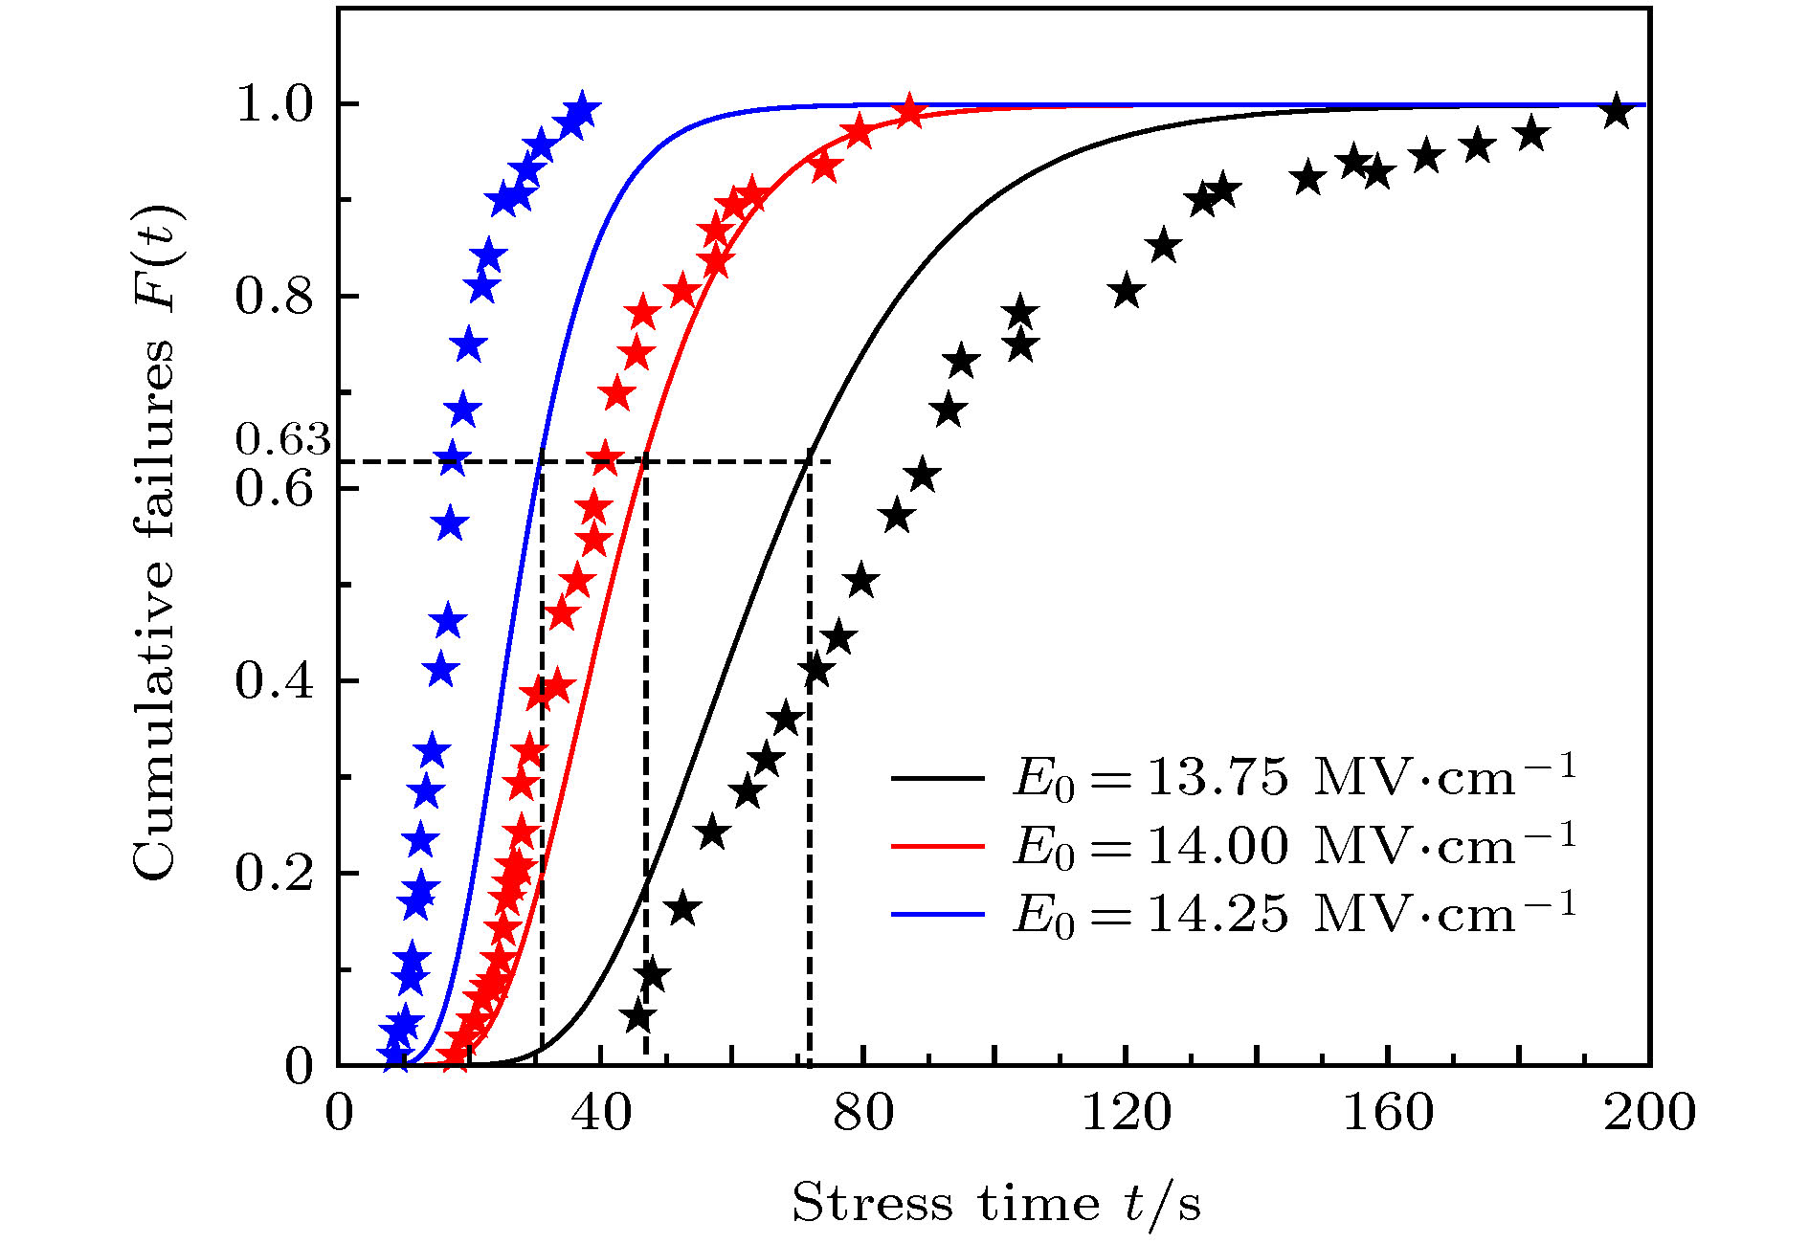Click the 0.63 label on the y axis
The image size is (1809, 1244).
pyautogui.click(x=282, y=439)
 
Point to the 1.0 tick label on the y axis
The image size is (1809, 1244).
pyautogui.click(x=275, y=104)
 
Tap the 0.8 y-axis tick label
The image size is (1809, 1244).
pyautogui.click(x=275, y=297)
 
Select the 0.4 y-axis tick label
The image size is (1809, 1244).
pyautogui.click(x=275, y=681)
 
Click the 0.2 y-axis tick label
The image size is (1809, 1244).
pyautogui.click(x=275, y=874)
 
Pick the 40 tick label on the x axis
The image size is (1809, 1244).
pyautogui.click(x=600, y=1113)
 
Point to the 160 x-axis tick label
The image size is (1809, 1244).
pyautogui.click(x=1387, y=1113)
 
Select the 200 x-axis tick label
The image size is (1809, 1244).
pyautogui.click(x=1649, y=1113)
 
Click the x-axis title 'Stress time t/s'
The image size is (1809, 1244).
pyautogui.click(x=995, y=1203)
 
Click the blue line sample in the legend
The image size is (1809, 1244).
pyautogui.click(x=937, y=915)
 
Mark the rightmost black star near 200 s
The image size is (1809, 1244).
pyautogui.click(x=1617, y=110)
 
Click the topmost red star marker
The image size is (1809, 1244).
pyautogui.click(x=909, y=110)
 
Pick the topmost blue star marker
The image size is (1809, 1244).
pyautogui.click(x=581, y=109)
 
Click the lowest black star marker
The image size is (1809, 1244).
pyautogui.click(x=639, y=1016)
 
